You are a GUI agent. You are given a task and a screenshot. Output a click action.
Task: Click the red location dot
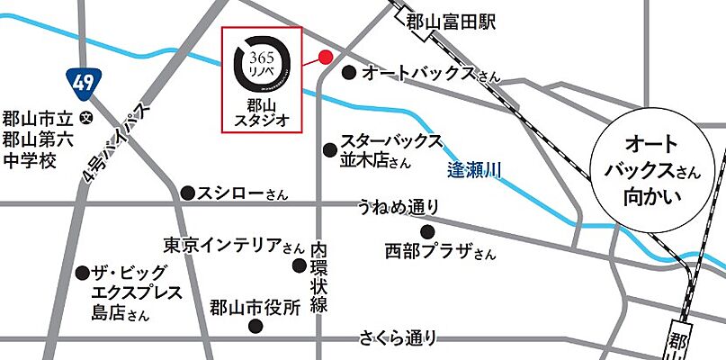pyautogui.click(x=326, y=57)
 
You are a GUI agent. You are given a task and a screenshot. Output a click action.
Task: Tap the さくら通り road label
pyautogui.click(x=399, y=338)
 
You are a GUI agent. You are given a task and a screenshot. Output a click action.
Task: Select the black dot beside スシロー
pyautogui.click(x=187, y=192)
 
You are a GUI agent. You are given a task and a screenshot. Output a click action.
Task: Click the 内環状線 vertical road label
pyautogui.click(x=318, y=277)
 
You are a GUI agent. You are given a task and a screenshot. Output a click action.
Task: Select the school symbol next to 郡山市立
pyautogui.click(x=86, y=116)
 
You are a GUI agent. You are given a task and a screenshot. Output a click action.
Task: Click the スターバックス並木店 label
pyautogui.click(x=390, y=151)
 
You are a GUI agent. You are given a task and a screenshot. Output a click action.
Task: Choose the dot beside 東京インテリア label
pyautogui.click(x=300, y=265)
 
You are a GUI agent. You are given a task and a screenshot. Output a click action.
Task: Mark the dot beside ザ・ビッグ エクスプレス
pyautogui.click(x=83, y=272)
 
